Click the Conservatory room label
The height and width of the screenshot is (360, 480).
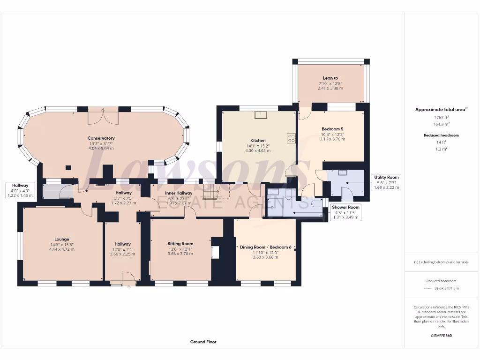(101, 138)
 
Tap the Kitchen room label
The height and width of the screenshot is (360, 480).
(258, 140)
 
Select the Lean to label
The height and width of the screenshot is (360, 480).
(330, 78)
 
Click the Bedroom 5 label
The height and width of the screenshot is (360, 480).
(332, 129)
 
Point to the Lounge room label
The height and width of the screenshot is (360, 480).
(61, 239)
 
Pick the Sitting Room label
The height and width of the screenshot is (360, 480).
(180, 244)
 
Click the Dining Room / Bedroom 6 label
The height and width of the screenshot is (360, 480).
(266, 247)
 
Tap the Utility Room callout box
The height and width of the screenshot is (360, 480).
(386, 182)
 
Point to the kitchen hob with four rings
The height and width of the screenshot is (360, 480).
(291, 138)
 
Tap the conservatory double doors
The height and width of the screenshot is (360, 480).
(103, 116)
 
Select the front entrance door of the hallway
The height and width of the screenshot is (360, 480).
(128, 279)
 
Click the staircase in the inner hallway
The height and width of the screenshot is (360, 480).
(211, 191)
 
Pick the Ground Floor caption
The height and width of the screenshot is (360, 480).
(203, 342)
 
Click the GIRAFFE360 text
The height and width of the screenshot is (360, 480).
(441, 336)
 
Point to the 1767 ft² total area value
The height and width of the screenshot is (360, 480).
(441, 118)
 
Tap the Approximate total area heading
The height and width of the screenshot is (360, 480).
(441, 110)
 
